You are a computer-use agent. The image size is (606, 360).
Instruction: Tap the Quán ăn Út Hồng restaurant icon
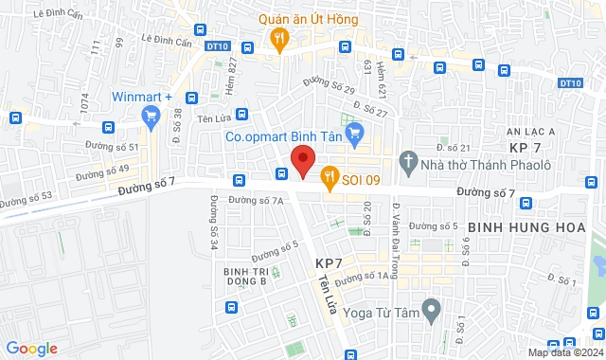point(278,39)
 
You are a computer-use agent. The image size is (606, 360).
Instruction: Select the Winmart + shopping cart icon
point(150,116)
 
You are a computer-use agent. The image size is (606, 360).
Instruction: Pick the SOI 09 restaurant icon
point(330,175)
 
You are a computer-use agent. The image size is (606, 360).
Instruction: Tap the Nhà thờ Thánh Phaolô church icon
point(408,160)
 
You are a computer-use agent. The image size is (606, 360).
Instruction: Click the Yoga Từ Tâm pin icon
point(431,308)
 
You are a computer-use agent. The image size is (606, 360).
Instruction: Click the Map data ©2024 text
point(565,353)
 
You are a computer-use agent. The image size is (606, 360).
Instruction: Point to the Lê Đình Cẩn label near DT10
point(166,39)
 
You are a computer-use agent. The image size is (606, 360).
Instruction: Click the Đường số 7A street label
point(256,200)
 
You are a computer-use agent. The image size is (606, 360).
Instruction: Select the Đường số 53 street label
point(26,200)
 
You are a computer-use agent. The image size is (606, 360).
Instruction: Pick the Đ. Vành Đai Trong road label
point(399,226)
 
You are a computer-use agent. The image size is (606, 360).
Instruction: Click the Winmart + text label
point(141,97)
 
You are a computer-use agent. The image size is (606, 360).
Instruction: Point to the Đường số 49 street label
point(102,171)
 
